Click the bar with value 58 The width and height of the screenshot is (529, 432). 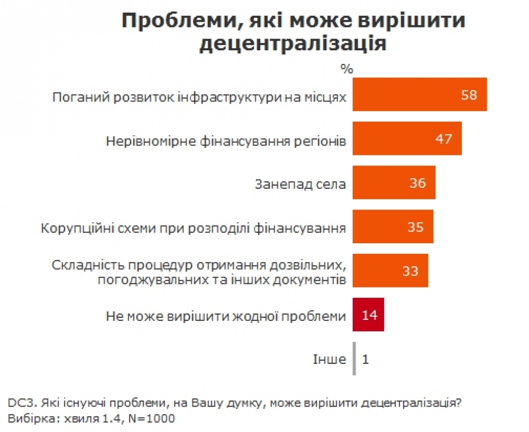coord(419,95)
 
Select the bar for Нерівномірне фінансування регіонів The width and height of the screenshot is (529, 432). coord(407,139)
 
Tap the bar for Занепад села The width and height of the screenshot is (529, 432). coord(394,183)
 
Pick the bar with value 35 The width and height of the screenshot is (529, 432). coord(393,227)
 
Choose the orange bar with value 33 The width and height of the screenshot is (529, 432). coord(390,271)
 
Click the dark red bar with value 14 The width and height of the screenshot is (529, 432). coord(368,315)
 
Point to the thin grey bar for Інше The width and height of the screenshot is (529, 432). coord(354,359)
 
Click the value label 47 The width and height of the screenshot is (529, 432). coord(444,139)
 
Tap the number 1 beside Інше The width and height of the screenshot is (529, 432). coord(366,360)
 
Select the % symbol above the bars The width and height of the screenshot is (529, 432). coord(346,68)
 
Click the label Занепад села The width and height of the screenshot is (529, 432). coord(300,184)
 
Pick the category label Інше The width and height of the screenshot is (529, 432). coord(329,360)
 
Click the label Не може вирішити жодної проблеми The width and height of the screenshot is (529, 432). coord(226,316)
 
